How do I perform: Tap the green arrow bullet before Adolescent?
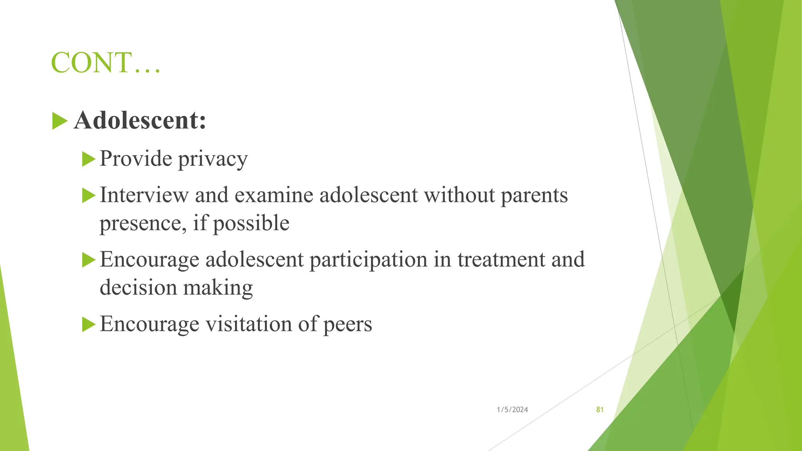tap(59, 121)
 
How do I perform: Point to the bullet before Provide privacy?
tap(89, 159)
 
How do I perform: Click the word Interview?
tap(144, 195)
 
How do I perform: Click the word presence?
tap(143, 224)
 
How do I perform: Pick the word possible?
tap(251, 224)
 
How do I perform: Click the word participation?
tap(368, 260)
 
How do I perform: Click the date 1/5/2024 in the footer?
tap(512, 410)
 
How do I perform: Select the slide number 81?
tap(600, 410)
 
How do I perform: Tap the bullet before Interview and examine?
tap(89, 195)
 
